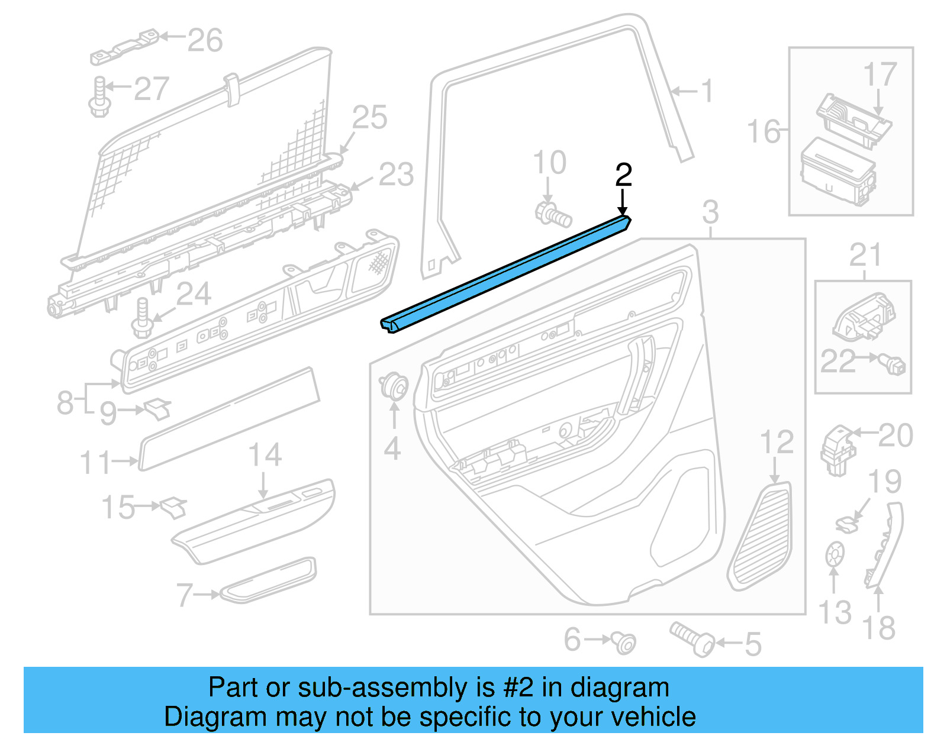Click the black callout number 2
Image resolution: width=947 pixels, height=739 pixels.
pyautogui.click(x=623, y=175)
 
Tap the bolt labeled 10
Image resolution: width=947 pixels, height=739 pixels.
pyautogui.click(x=553, y=214)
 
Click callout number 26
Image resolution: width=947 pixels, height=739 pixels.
pyautogui.click(x=205, y=40)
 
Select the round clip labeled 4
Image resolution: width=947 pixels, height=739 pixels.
pyautogui.click(x=394, y=386)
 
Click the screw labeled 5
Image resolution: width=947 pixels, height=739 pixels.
pyautogui.click(x=692, y=639)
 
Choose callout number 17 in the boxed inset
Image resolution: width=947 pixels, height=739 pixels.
pyautogui.click(x=880, y=75)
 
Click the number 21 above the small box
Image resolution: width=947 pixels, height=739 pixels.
pyautogui.click(x=865, y=256)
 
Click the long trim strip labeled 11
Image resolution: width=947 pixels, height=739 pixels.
pyautogui.click(x=230, y=419)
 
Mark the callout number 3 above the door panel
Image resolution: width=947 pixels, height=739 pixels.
pyautogui.click(x=710, y=212)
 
